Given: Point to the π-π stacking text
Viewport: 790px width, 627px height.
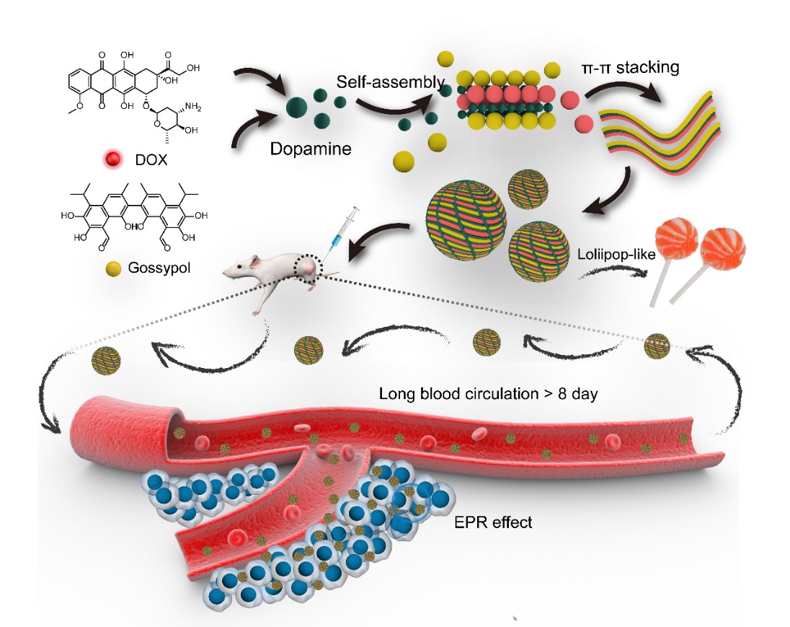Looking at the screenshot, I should [x=631, y=69].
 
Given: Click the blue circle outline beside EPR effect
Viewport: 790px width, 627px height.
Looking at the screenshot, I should [x=412, y=501].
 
